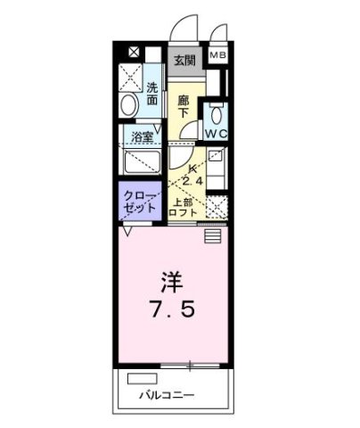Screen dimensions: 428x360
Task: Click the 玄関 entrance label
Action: (184, 61)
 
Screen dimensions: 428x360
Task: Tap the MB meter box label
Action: (217, 56)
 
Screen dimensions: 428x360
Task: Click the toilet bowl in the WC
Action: (215, 114)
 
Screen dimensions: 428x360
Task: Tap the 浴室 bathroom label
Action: (143, 138)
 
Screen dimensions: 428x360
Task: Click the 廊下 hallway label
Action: (183, 107)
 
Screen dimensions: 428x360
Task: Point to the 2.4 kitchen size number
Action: (192, 181)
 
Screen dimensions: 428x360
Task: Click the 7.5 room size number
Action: (171, 314)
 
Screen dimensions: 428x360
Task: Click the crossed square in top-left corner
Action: (133, 53)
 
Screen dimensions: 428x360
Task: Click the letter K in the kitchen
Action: (192, 169)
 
